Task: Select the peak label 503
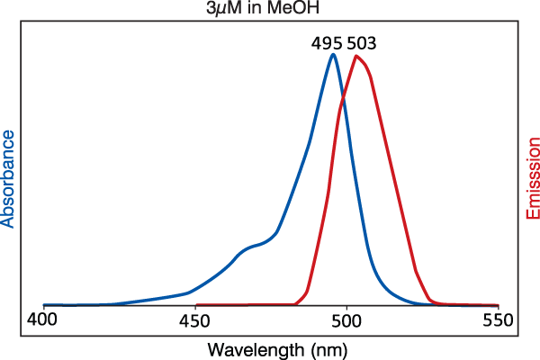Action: (360, 42)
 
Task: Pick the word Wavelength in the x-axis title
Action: (248, 347)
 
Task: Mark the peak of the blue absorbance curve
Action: (333, 55)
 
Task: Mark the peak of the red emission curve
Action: (357, 57)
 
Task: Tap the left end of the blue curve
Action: (44, 305)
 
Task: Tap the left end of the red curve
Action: (196, 305)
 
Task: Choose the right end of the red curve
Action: (498, 305)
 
